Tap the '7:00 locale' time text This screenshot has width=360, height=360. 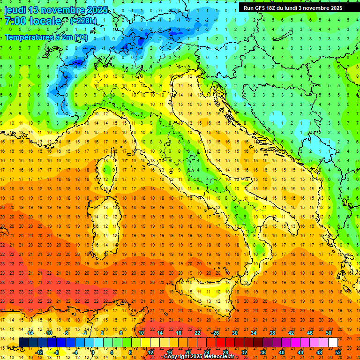pos(33,21)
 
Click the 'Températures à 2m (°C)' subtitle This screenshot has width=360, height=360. pos(46,37)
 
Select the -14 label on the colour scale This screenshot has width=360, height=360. pos(30,332)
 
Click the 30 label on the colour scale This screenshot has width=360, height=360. pos(234,332)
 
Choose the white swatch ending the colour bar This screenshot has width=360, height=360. pos(333,342)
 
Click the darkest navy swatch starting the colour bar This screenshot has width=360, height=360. pos(23,342)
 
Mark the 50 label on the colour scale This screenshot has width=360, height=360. pos(328,332)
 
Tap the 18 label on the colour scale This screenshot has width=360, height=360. pos(178,332)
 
